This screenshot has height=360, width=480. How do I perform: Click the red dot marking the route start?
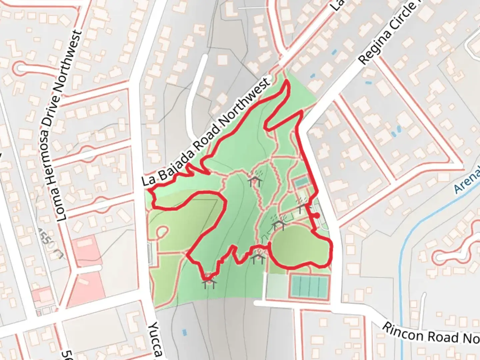tap(317, 216)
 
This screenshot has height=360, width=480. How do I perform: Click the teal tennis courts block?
tap(309, 286)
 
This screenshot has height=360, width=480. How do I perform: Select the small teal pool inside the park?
tap(301, 182)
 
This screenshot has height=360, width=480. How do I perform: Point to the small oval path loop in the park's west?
tap(163, 231)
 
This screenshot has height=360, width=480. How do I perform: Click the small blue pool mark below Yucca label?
tap(184, 332)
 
